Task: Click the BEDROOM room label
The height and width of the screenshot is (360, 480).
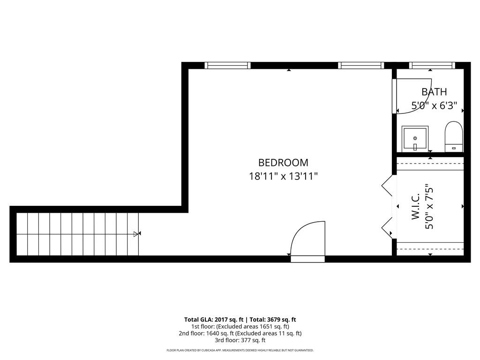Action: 283,162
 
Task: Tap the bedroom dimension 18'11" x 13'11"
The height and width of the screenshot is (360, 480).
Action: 283,176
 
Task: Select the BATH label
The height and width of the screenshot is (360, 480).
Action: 434,91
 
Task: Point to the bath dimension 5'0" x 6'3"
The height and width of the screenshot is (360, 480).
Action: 434,105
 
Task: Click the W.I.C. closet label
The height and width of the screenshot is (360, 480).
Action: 415,206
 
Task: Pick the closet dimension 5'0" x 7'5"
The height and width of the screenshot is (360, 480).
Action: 429,206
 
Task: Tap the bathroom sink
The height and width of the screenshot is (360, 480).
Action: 415,139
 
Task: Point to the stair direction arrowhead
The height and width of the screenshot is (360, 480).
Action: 136,234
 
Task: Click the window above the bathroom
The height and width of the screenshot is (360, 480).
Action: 432,65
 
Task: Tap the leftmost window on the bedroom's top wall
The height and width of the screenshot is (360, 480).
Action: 227,65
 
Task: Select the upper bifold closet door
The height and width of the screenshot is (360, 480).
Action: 387,186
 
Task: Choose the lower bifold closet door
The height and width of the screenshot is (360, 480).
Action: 387,228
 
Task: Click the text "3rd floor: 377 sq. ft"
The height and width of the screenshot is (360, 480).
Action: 240,340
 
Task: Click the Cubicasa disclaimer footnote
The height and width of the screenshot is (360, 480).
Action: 240,350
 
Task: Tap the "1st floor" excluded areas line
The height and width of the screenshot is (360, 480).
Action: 240,327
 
